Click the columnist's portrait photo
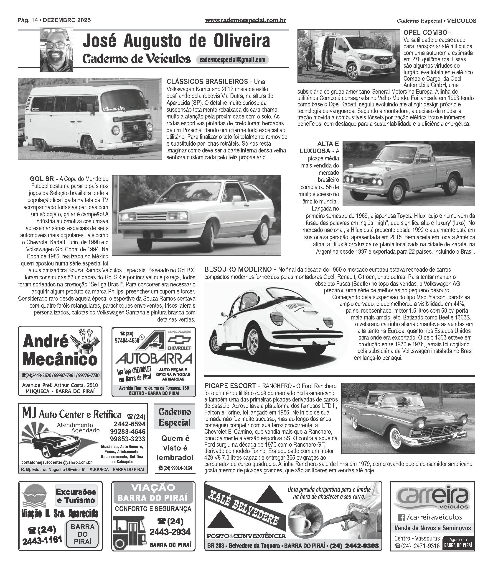pyautogui.click(x=56, y=50)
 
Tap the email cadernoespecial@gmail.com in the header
pyautogui.click(x=232, y=60)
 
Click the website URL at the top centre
pyautogui.click(x=245, y=20)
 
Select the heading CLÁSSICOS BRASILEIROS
pyautogui.click(x=207, y=82)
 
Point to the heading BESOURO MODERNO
pyautogui.click(x=238, y=269)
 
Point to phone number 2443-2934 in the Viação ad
pyautogui.click(x=170, y=532)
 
